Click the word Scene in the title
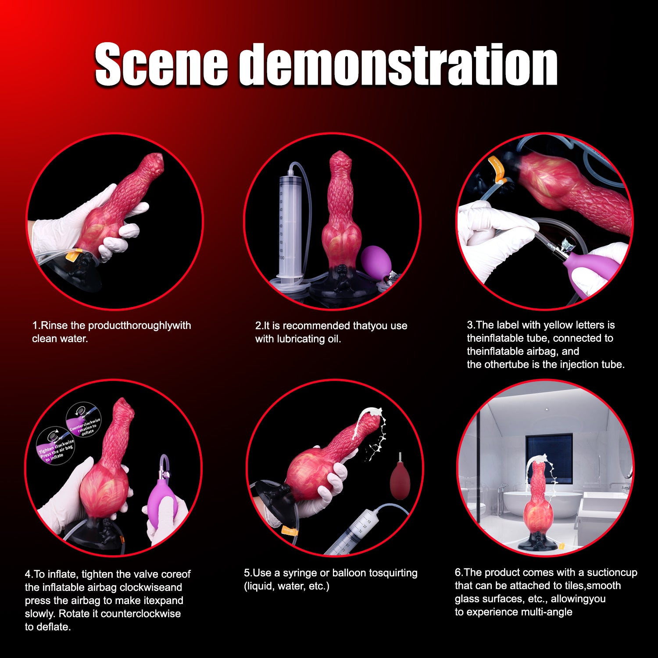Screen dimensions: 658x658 tap(161, 64)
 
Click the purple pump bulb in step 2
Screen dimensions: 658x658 tap(376, 260)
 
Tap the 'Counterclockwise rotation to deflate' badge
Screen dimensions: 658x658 tap(84, 420)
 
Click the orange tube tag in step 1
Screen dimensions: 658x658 tap(71, 255)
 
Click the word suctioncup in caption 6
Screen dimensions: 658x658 tap(612, 572)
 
